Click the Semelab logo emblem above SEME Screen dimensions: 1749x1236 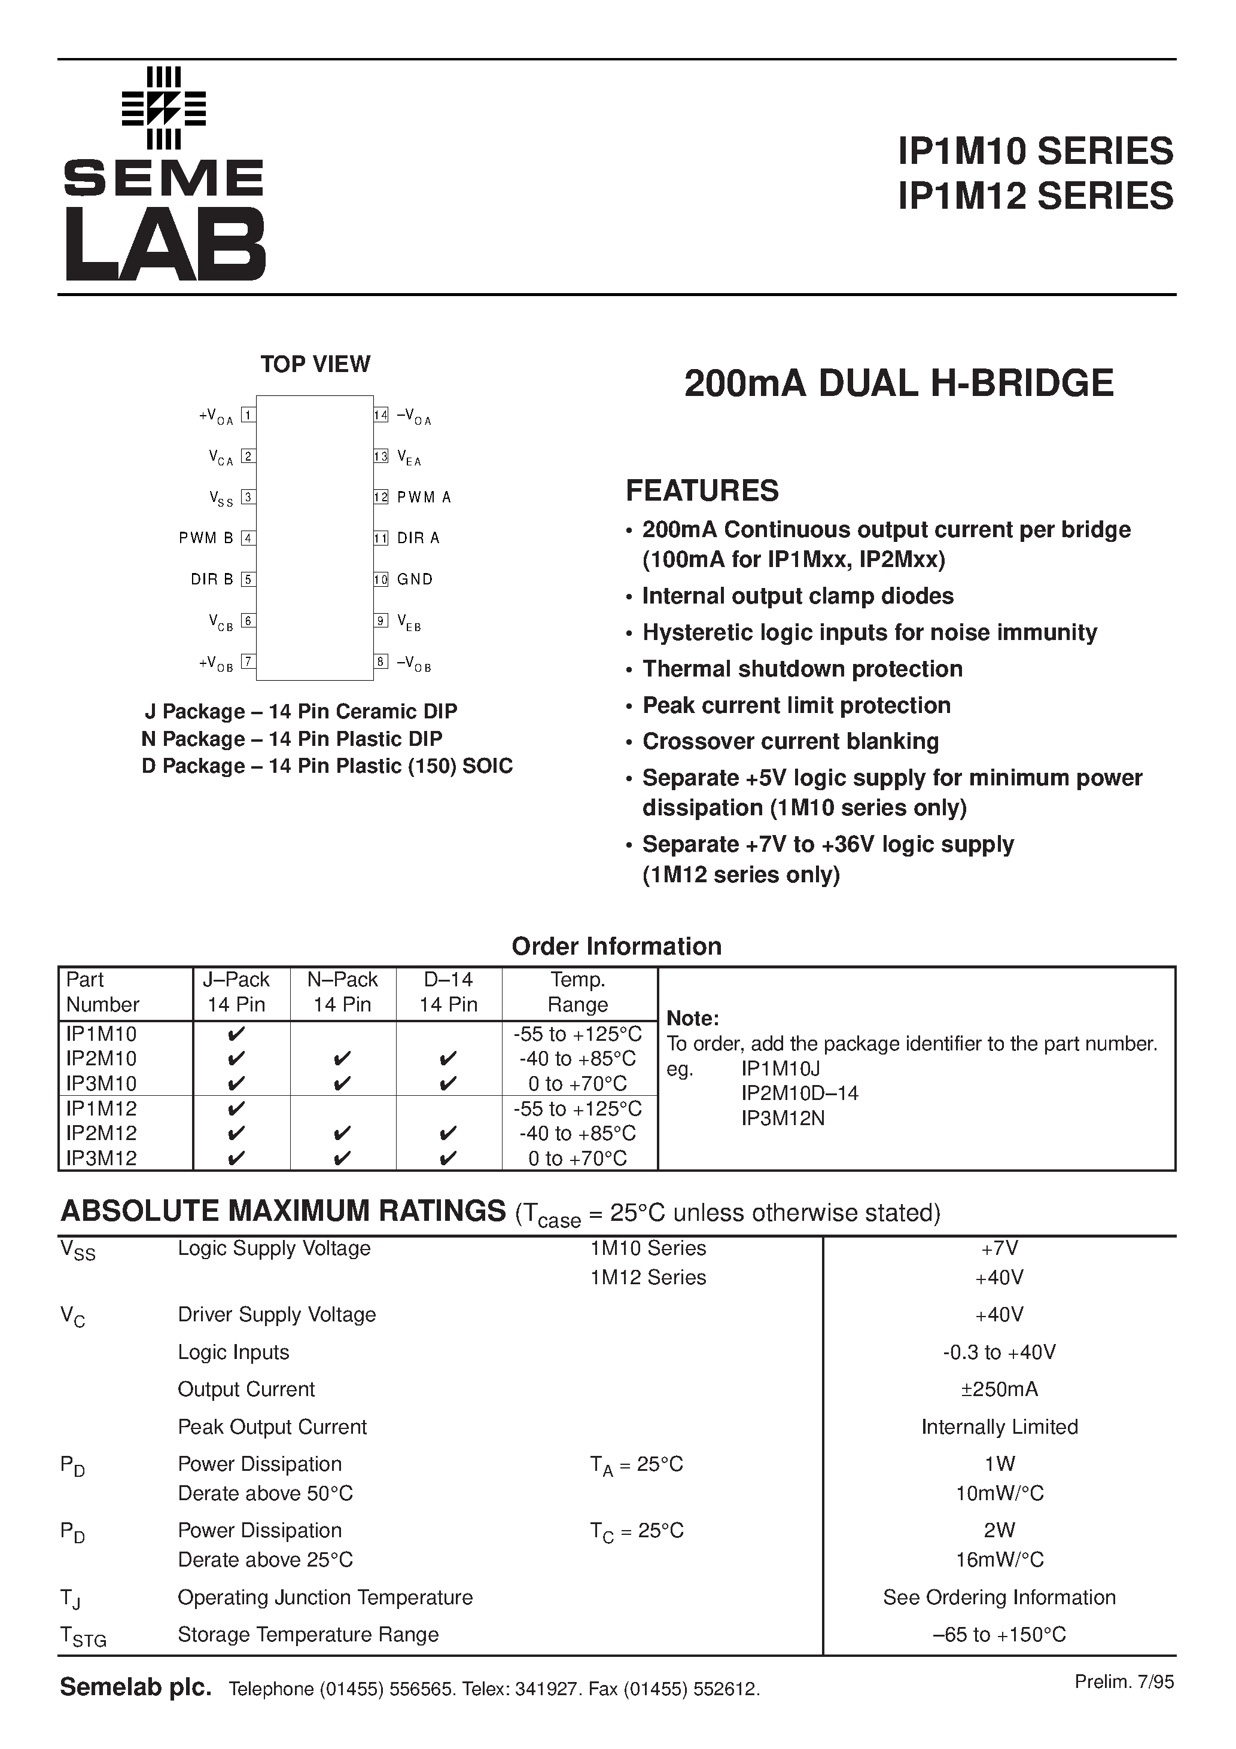tap(164, 108)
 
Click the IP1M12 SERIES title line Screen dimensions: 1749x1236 tap(1036, 196)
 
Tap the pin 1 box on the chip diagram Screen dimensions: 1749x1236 tap(248, 415)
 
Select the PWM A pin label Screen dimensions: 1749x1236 tap(424, 498)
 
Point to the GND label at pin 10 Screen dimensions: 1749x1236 tap(415, 579)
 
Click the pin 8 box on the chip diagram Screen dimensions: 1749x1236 tap(381, 661)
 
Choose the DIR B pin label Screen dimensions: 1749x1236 tap(212, 579)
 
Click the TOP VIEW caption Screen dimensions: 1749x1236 tap(315, 364)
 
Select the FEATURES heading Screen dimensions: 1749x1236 tap(702, 490)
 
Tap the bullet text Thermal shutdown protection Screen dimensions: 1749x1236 tap(802, 669)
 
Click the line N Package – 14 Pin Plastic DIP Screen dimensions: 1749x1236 tap(292, 739)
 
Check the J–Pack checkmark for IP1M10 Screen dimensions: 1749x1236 tap(236, 1034)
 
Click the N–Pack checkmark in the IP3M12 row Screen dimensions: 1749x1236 tap(342, 1159)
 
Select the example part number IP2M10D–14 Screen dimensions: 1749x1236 tap(799, 1093)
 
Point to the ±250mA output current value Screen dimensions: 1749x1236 tap(999, 1389)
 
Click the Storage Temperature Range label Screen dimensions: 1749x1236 tap(308, 1635)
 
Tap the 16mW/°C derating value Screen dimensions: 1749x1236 tap(999, 1559)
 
